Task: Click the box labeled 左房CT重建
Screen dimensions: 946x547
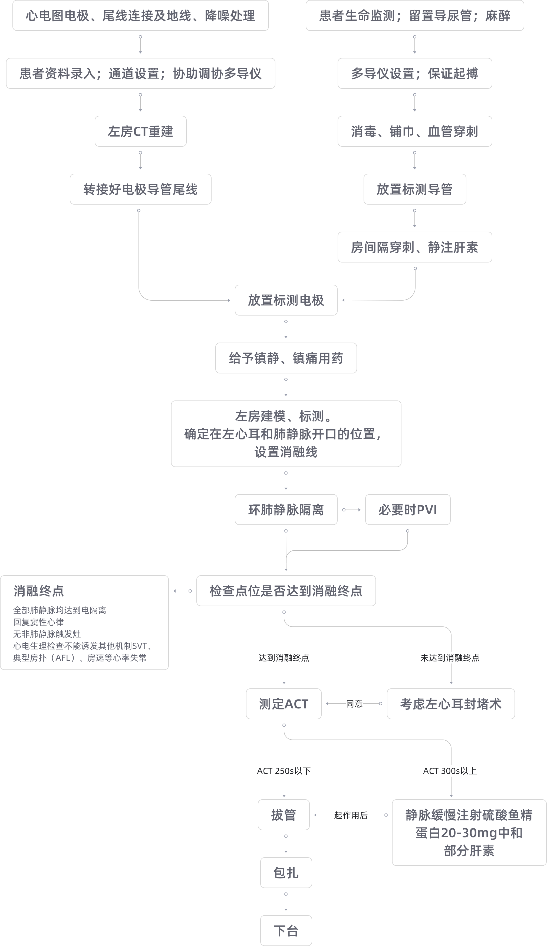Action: click(140, 132)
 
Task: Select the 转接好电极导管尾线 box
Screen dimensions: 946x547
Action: click(140, 189)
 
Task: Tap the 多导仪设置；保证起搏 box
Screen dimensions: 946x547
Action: click(414, 74)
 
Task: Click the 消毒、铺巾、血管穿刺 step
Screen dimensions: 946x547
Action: click(414, 132)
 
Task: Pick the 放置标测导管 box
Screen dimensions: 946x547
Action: click(414, 189)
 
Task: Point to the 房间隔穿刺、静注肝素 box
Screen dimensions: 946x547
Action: click(414, 247)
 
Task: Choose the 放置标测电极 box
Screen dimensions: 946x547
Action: click(286, 300)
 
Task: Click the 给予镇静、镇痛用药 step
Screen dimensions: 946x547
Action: click(286, 358)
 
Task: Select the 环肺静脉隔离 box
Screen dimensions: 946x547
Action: click(286, 510)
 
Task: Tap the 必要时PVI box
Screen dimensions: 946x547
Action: click(407, 510)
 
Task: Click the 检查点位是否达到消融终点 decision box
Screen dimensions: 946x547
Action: click(286, 591)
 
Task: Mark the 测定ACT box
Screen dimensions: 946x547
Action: click(284, 704)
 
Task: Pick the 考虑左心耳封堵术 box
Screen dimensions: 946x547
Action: click(451, 704)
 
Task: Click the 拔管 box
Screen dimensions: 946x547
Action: click(284, 815)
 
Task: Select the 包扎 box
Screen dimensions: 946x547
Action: click(286, 873)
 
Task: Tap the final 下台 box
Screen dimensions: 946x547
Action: click(286, 931)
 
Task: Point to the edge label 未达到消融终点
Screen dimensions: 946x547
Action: click(450, 658)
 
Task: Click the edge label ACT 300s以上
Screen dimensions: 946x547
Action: click(450, 771)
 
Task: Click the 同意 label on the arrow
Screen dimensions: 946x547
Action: click(354, 704)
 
